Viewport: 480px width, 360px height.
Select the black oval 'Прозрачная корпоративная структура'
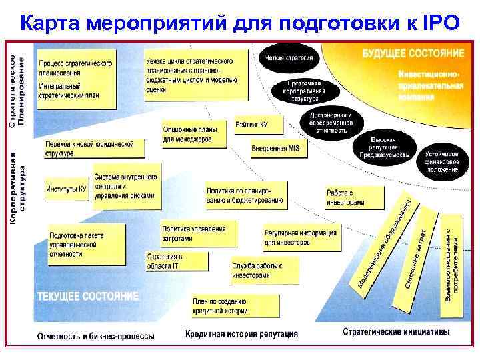[304, 92]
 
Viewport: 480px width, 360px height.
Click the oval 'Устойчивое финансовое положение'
[442, 161]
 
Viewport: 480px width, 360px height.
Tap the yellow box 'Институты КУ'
[67, 189]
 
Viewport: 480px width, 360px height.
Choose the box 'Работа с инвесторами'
[354, 197]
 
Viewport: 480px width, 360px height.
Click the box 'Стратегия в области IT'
[183, 261]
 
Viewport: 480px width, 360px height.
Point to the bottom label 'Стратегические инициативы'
[396, 331]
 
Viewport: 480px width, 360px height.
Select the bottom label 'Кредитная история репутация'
[241, 333]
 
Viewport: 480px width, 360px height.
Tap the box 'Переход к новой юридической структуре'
[89, 149]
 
